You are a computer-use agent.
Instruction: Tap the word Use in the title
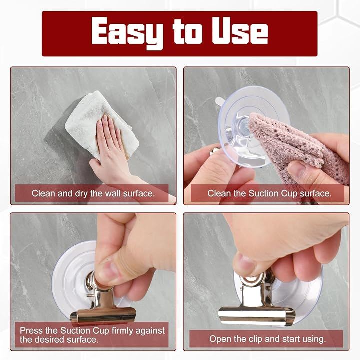point(240,31)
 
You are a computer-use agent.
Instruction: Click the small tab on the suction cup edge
point(220,101)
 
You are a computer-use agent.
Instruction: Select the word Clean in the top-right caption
point(219,193)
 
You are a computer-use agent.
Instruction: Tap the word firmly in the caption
point(123,331)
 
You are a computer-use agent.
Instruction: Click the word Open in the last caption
point(219,339)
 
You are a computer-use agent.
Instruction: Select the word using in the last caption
point(313,339)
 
